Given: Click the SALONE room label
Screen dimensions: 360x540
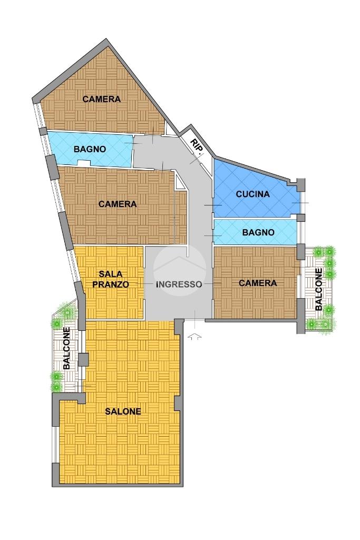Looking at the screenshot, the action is point(123,411).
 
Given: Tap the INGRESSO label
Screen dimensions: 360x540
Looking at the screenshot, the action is point(179,284).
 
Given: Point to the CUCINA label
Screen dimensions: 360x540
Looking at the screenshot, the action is point(253,194).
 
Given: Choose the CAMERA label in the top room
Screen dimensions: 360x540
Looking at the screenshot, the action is point(102,99).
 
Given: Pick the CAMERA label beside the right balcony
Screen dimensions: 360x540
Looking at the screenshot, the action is point(258,283).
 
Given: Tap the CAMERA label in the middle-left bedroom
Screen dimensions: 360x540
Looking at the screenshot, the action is point(118,204).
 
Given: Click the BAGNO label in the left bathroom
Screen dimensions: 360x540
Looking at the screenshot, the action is point(90,150).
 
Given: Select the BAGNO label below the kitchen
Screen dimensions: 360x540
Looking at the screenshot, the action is point(258,232).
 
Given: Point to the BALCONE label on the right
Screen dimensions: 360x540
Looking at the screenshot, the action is point(319,289).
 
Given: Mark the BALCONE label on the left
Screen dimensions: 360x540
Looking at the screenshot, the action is point(66,348).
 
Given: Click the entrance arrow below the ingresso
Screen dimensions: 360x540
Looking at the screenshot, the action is point(194,337).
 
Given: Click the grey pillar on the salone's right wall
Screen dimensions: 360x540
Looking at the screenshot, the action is point(177,403).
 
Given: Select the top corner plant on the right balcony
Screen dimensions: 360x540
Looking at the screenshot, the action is point(330,251).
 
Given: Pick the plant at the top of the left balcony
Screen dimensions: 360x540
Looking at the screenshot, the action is point(69,312).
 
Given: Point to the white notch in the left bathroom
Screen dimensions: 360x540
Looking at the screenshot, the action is point(84,163).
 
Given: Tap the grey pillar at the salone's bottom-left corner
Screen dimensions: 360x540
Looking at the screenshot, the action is point(55,475).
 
